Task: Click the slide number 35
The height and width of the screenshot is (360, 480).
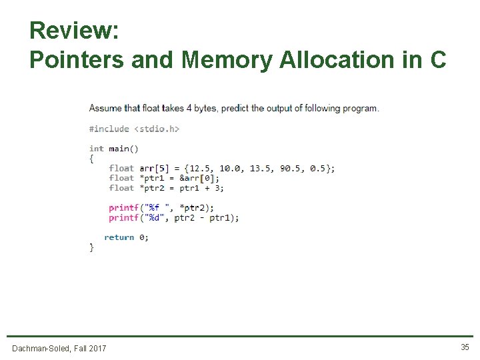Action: coord(465,347)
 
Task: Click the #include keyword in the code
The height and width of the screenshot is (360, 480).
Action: coord(109,129)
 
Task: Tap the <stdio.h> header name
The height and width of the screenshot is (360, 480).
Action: coord(157,129)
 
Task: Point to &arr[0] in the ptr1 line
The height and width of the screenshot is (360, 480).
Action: coord(199,178)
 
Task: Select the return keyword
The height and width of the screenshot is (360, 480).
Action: coord(119,237)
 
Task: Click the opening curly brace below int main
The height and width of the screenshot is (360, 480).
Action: coord(92,159)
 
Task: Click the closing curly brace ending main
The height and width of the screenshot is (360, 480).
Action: coord(92,247)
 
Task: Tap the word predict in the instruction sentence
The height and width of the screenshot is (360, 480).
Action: coord(235,108)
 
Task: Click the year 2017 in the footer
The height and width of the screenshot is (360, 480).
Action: coord(96,348)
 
